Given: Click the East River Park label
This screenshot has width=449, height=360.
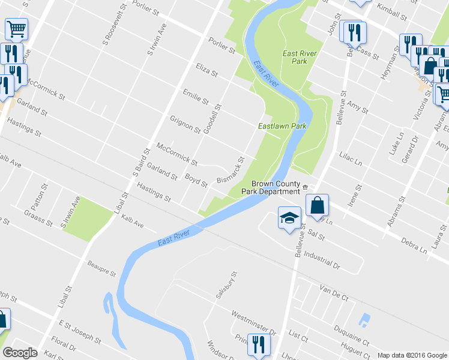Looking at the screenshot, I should click(299, 58).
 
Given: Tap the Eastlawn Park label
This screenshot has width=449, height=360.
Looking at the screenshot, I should click(282, 127).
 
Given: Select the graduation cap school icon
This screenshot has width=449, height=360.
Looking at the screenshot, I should click(289, 217).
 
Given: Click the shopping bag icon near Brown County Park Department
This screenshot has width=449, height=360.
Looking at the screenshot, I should click(317, 205).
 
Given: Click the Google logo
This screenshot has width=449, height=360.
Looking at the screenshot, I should click(20, 353).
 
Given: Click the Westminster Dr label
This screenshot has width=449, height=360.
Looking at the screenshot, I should click(254, 322).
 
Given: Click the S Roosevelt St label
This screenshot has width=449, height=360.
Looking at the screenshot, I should click(108, 30).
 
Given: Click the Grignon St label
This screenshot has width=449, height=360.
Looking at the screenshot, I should click(185, 124).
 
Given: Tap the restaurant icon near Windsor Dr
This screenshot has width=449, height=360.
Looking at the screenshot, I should click(259, 344).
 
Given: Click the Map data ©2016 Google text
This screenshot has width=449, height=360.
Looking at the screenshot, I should click(412, 355).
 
